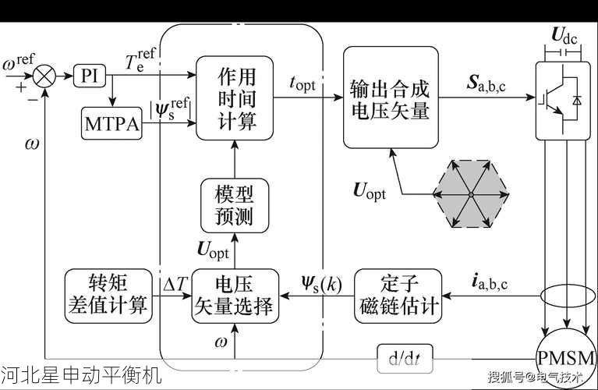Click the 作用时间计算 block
coord(235,97)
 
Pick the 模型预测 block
coord(234,204)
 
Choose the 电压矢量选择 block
coord(234,294)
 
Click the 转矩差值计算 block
coord(108,294)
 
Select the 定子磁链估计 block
coord(397,295)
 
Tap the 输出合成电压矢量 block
coord(390,98)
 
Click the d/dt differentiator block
coord(404,359)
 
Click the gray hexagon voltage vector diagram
coord(470,193)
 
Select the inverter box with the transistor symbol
coord(564,101)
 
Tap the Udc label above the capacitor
coord(564,34)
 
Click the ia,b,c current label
coord(490,282)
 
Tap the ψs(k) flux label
coord(320,282)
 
